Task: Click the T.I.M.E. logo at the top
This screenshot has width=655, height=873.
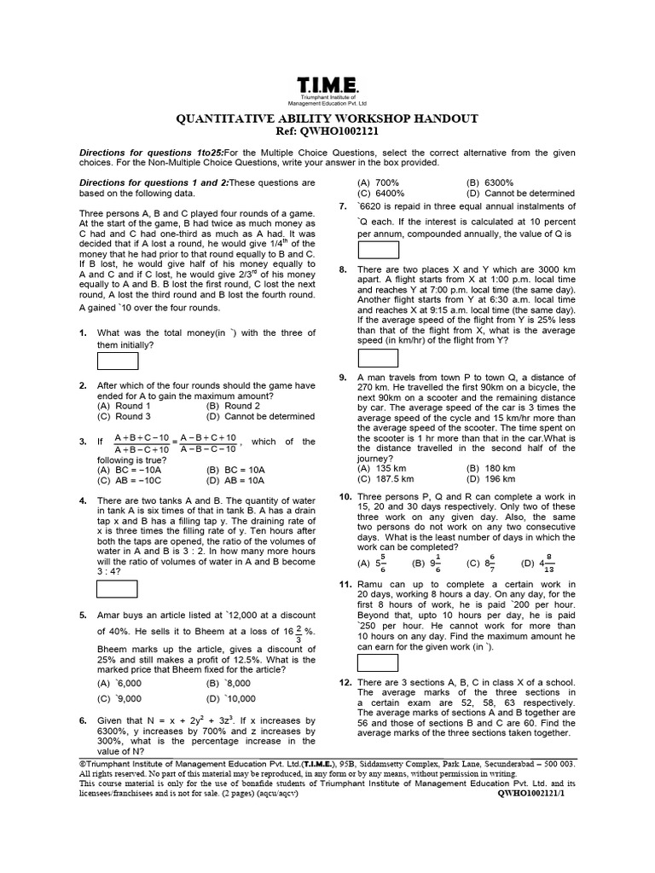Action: click(x=327, y=87)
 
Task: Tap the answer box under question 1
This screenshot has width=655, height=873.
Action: click(x=118, y=362)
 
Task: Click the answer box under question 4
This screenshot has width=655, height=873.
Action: click(x=118, y=588)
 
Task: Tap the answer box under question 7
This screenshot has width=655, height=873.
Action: click(x=378, y=249)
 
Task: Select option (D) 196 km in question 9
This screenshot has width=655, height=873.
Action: click(x=491, y=479)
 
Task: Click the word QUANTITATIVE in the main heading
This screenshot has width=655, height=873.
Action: click(x=223, y=119)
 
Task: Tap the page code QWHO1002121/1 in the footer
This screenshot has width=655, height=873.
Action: click(x=536, y=791)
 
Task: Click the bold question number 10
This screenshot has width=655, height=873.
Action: click(x=345, y=496)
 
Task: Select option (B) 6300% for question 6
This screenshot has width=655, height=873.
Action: click(x=490, y=182)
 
